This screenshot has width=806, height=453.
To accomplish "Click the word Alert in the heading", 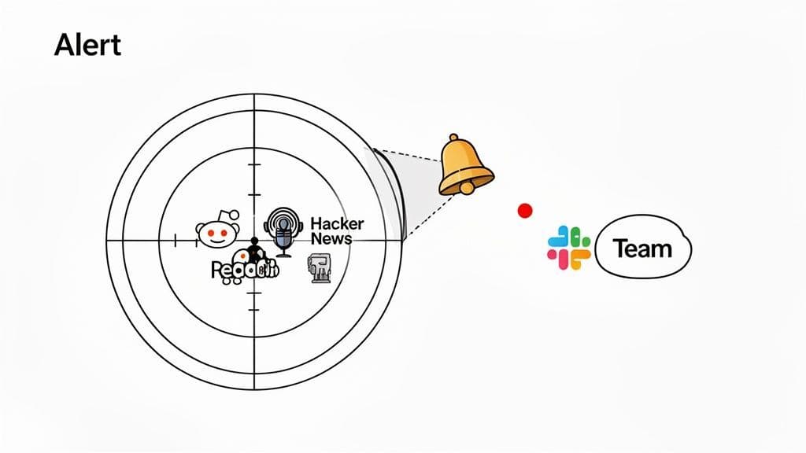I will (87, 46).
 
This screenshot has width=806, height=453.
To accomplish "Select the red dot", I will (524, 210).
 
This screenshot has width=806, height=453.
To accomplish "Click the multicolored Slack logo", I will (569, 249).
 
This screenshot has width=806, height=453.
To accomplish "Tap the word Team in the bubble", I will (643, 249).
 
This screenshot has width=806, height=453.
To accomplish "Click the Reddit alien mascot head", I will (216, 234).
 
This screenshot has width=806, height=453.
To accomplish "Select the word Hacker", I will (337, 223).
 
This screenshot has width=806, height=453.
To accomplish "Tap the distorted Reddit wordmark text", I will (245, 271).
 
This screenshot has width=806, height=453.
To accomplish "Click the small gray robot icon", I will (320, 268).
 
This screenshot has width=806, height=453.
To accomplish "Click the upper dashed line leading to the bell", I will (409, 154).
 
